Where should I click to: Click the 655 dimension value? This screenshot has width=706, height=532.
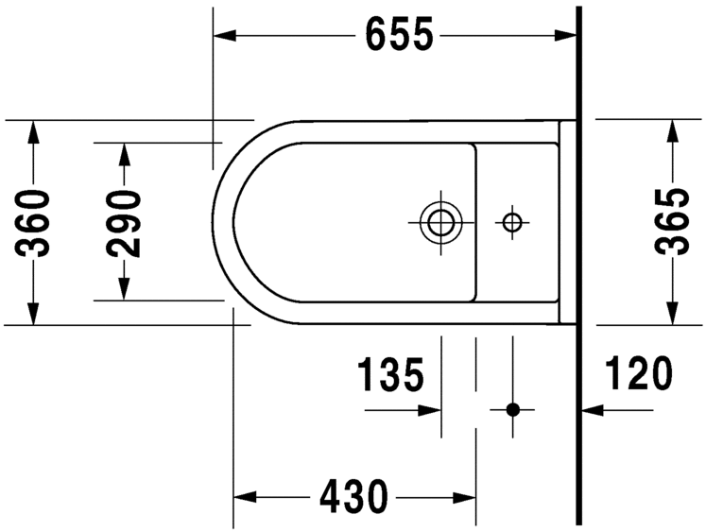coord(398,36)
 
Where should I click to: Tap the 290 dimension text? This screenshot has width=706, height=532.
coord(124,223)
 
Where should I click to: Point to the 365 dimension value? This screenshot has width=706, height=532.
coord(672,223)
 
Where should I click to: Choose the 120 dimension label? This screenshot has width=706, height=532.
coord(639,375)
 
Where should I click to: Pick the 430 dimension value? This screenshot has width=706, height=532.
coord(353,495)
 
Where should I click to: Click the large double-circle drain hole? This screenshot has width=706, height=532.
coord(439,222)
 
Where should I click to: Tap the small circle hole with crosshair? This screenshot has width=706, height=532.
coord(512,223)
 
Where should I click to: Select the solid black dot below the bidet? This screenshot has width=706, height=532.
coord(512,410)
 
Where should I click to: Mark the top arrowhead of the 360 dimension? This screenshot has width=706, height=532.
coord(35,131)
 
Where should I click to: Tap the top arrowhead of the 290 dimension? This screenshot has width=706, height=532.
coord(124,153)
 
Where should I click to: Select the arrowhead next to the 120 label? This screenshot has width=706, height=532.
coord(592,410)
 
